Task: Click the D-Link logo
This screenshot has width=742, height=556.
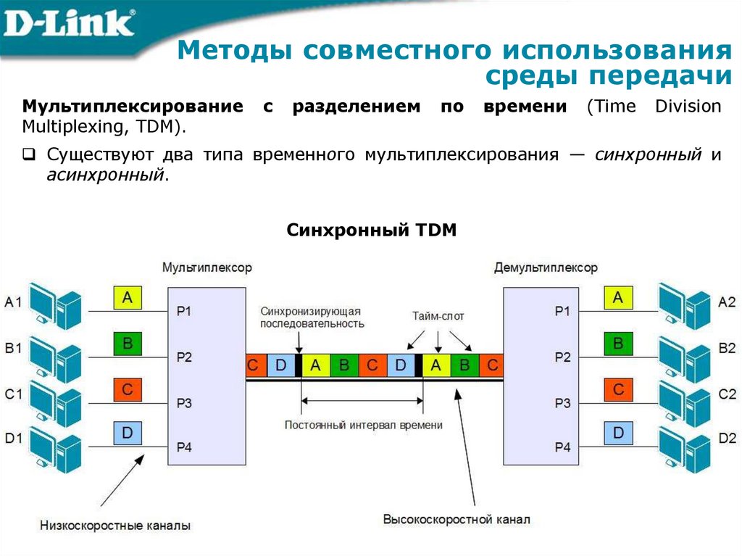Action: (69, 24)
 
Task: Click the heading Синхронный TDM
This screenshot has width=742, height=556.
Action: (372, 231)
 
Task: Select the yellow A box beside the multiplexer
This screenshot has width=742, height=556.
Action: (128, 296)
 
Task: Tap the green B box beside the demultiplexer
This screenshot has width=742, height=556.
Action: (618, 343)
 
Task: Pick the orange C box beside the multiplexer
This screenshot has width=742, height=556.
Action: (128, 389)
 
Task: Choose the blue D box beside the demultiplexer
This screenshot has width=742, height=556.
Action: (618, 433)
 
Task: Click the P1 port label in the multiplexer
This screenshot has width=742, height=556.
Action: (184, 311)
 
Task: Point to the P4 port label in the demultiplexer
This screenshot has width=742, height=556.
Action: (563, 447)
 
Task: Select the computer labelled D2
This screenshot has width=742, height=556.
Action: (685, 441)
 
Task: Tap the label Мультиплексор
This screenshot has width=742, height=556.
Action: (207, 267)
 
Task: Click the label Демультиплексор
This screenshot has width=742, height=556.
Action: (546, 267)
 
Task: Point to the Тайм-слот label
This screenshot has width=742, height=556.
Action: (438, 316)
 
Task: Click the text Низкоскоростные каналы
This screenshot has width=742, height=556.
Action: (116, 525)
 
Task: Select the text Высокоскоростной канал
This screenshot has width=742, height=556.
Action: (457, 520)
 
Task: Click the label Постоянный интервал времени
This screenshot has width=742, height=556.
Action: (363, 426)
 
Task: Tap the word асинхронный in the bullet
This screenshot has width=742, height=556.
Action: (105, 175)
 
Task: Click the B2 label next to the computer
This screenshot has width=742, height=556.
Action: (727, 348)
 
